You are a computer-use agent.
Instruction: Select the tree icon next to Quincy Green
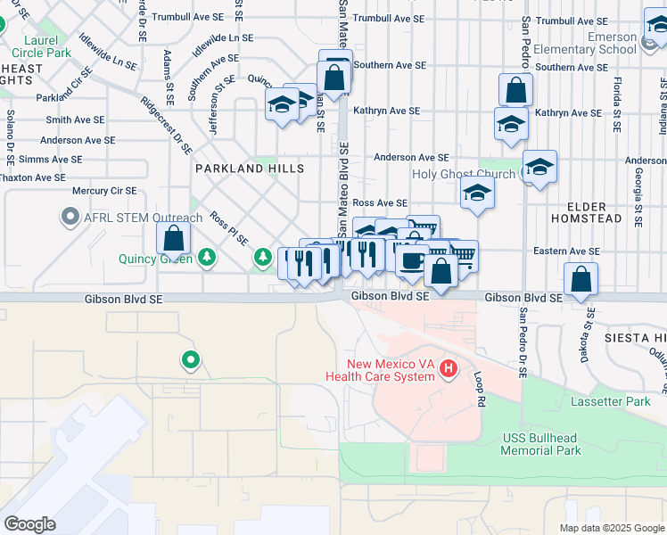(x=207, y=259)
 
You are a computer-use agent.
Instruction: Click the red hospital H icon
(x=448, y=368)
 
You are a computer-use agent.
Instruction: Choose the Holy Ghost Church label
(x=465, y=174)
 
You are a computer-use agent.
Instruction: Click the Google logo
(x=29, y=524)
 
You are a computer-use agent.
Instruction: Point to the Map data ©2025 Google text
(x=612, y=528)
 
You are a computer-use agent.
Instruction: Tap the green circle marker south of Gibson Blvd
(x=190, y=361)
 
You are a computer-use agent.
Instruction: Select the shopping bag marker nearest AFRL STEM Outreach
(x=174, y=238)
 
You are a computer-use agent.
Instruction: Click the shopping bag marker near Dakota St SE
(x=581, y=278)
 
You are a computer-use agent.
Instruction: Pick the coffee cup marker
(x=411, y=259)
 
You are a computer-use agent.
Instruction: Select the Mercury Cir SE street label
(x=104, y=190)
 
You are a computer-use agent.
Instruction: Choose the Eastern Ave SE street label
(x=566, y=251)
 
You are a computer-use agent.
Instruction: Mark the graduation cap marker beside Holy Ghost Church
(x=539, y=167)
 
